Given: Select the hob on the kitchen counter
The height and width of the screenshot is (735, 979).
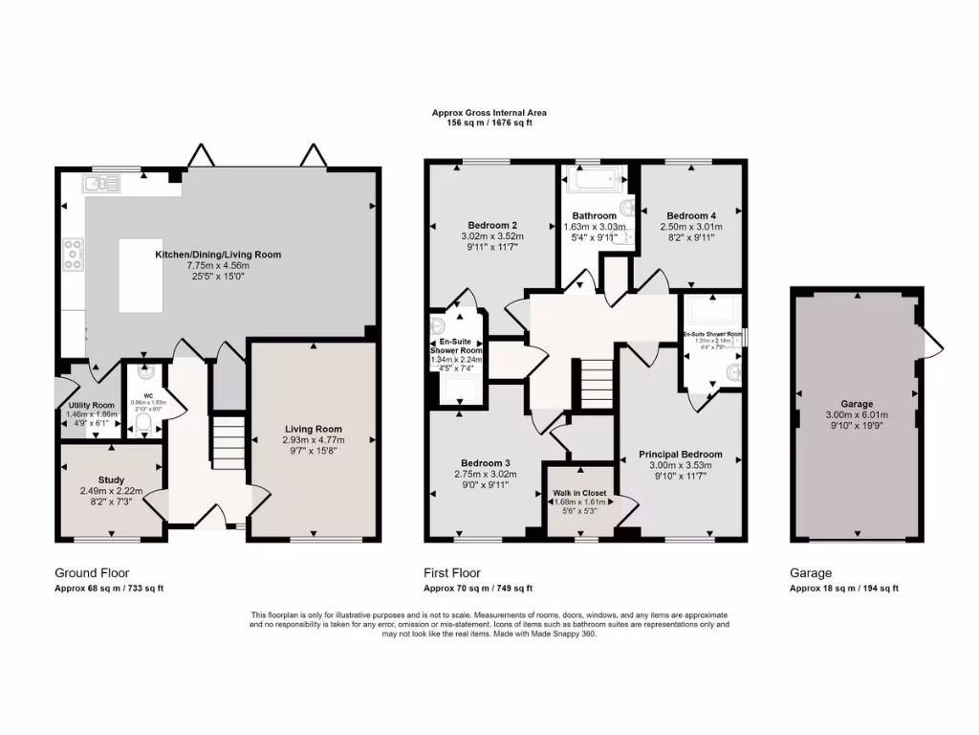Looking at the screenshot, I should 73,256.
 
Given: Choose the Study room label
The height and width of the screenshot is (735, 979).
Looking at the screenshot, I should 111,479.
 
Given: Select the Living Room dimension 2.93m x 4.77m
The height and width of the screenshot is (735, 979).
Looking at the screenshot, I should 314,440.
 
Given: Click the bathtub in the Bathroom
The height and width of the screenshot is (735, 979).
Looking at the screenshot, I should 594,178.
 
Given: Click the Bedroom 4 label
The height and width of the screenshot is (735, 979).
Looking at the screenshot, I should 691,216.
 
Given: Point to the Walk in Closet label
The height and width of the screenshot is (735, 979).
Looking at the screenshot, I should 579,493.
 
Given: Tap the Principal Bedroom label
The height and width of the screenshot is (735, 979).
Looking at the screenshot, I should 680,454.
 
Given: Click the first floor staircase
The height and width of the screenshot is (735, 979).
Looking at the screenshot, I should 596,383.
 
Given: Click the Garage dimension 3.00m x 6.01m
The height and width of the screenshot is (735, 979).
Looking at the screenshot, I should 858,415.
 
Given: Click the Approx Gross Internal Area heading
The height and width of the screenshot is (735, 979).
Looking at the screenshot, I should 489,113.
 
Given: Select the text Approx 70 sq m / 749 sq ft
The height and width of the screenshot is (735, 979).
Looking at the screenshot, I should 478,589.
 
